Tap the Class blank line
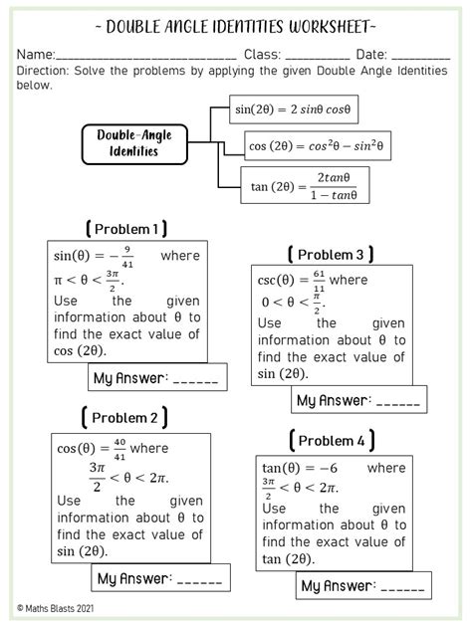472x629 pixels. pos(317,59)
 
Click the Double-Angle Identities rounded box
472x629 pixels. pos(134,143)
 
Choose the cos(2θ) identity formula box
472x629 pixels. pos(318,147)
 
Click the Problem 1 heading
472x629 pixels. pos(126,229)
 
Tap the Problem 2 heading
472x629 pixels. pos(124,417)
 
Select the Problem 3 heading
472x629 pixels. pos(331,255)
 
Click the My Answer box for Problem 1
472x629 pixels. pos(156,377)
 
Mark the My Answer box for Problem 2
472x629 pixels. pos(160,578)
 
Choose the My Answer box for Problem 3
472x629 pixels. pos(358,401)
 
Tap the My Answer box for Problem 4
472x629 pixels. pos(363,585)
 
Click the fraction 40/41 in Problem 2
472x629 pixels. pos(119,447)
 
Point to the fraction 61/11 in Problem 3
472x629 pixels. pos(319,280)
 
